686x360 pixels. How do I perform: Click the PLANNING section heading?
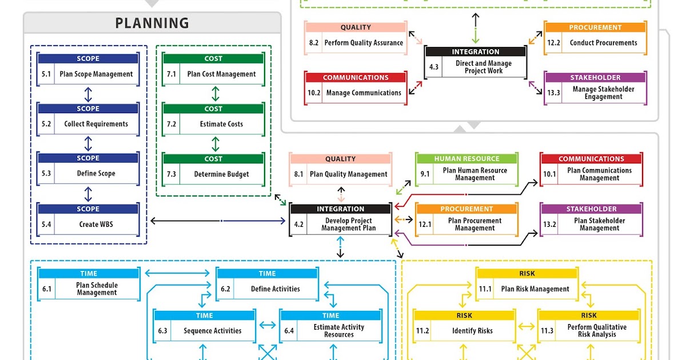coord(152,23)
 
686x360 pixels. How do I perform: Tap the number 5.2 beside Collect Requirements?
coord(46,124)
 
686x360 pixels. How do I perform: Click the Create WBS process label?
coord(96,225)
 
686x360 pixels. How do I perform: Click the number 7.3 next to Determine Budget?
coord(171,174)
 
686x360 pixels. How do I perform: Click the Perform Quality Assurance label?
coord(364,43)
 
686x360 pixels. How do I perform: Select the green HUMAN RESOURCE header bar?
coord(466,159)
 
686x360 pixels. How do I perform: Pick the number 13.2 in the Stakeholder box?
coord(550,225)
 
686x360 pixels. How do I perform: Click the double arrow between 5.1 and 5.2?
coord(88,94)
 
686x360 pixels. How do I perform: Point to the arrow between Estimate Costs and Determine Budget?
coord(215,143)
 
